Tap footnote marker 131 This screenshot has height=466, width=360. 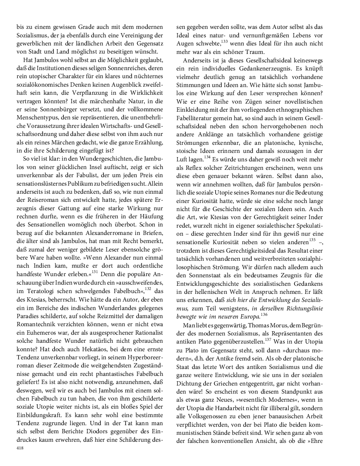pos(94,272)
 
